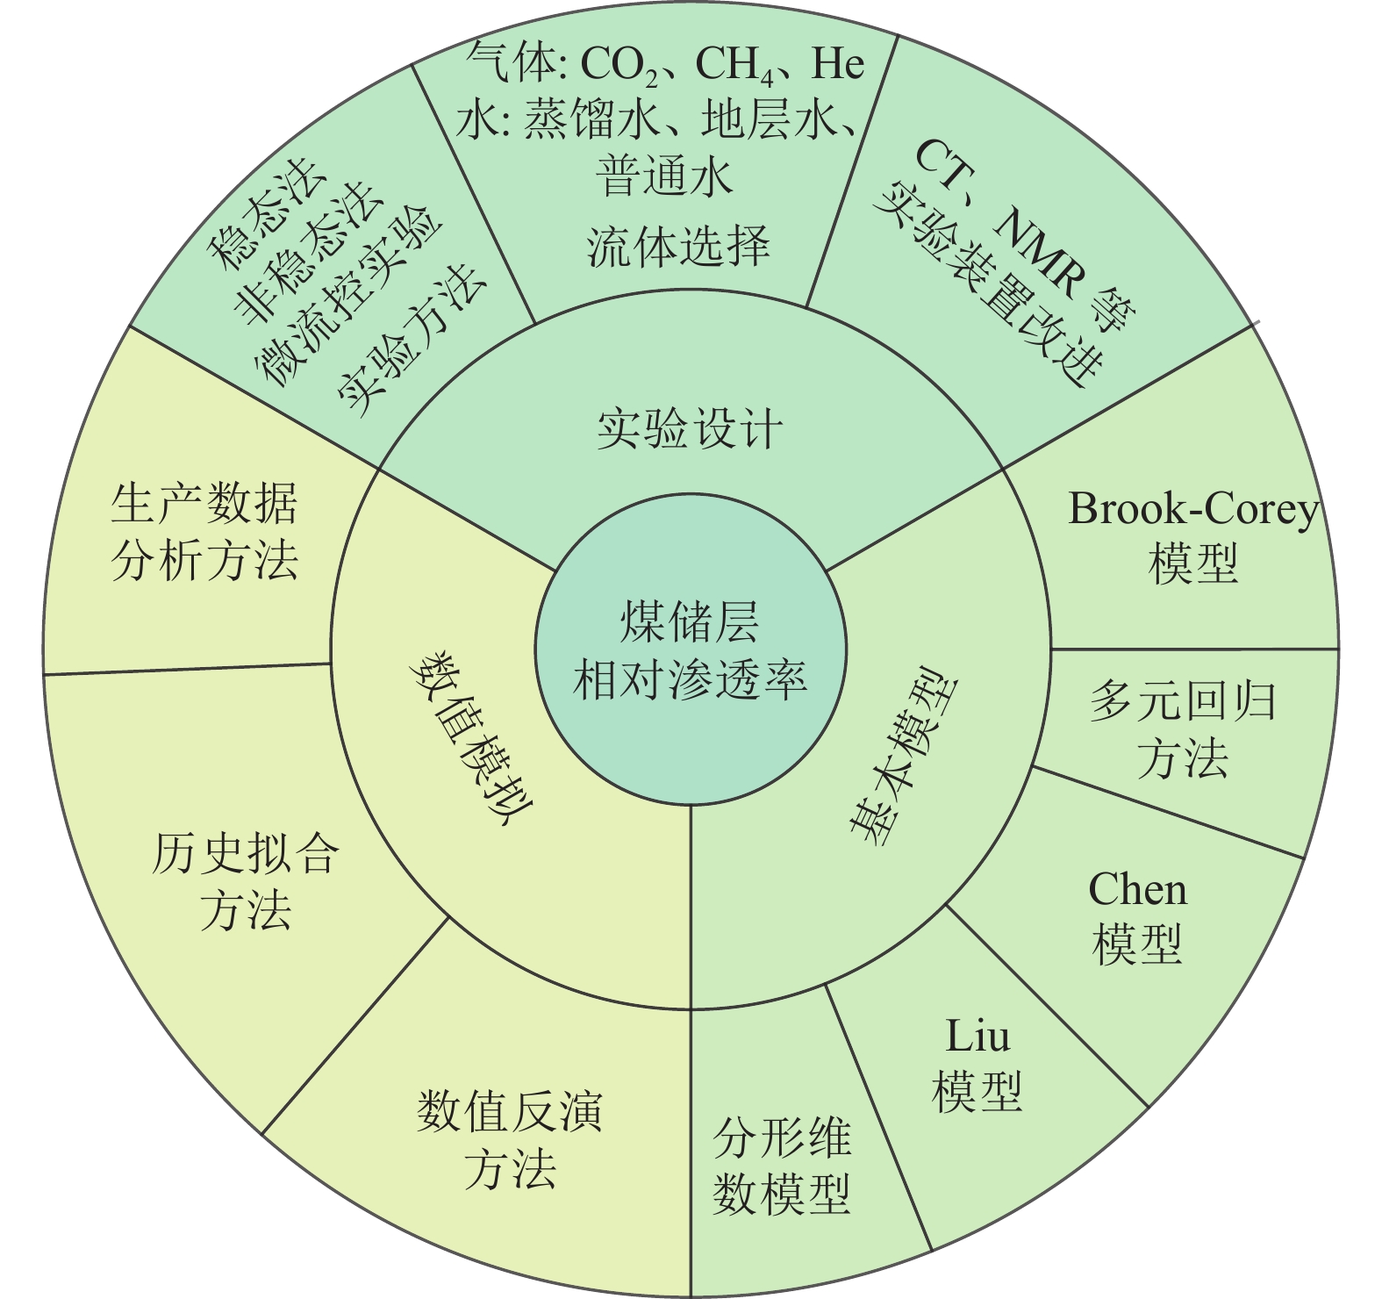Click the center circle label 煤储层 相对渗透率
point(690,651)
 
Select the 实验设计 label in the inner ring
point(690,429)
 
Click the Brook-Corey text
point(1193,509)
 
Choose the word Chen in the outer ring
point(1137,890)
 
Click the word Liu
point(977,1037)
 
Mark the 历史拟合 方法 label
point(245,881)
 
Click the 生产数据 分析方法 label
point(204,532)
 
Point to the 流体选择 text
point(678,247)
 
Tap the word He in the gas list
point(837,63)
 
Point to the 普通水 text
point(664,176)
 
